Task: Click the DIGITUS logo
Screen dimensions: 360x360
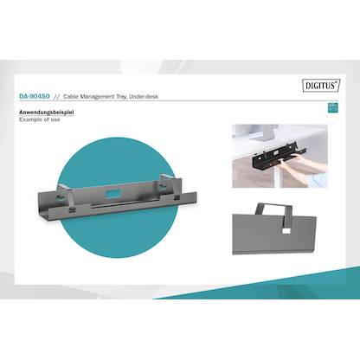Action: click(x=321, y=86)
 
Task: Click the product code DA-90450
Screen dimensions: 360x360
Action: click(x=35, y=96)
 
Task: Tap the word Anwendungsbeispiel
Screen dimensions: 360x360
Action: click(x=46, y=112)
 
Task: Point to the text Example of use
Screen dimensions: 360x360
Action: click(x=40, y=119)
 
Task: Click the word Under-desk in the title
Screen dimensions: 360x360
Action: click(x=144, y=97)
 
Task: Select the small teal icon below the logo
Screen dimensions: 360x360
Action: click(x=333, y=107)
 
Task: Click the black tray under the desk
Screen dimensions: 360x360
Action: click(x=279, y=158)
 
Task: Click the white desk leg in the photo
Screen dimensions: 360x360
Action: click(x=277, y=177)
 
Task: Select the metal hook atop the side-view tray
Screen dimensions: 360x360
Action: click(x=274, y=213)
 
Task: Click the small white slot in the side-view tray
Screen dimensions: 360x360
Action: click(x=286, y=231)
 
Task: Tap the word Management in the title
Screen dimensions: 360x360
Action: click(x=97, y=97)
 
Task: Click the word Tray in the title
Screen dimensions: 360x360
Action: click(x=122, y=97)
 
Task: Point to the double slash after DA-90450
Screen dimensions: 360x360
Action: click(x=56, y=97)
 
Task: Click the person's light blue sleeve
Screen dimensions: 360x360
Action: click(x=318, y=179)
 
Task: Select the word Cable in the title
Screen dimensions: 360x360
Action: click(x=71, y=97)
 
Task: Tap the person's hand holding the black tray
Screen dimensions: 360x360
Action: click(x=299, y=158)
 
